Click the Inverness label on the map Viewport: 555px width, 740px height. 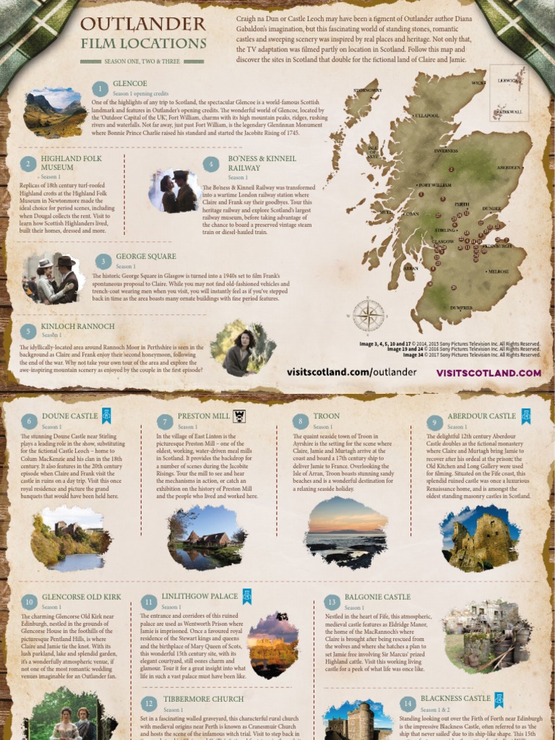click(446, 151)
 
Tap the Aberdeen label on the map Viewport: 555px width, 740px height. click(509, 168)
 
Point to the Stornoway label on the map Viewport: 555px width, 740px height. click(366, 90)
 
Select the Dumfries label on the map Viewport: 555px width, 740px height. click(461, 308)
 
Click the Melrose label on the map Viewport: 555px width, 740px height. click(498, 272)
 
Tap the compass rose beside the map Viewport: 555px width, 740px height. click(368, 314)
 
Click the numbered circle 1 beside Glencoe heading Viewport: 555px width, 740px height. click(99, 89)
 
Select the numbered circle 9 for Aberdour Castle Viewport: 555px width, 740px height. click(434, 422)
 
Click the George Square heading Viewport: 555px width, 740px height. click(145, 257)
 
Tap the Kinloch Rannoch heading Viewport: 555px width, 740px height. click(77, 327)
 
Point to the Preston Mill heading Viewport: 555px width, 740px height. click(193, 416)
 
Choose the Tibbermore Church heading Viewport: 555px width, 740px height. click(192, 700)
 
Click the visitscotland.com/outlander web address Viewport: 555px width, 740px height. click(351, 372)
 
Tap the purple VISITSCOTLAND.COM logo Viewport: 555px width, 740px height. click(489, 373)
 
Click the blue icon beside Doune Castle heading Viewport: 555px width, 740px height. click(107, 416)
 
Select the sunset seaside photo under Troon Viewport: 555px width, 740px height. click(345, 532)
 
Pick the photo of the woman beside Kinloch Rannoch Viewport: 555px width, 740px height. click(243, 348)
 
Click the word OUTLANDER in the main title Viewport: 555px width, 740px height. click(143, 25)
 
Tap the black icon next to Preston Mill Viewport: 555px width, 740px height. click(239, 416)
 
